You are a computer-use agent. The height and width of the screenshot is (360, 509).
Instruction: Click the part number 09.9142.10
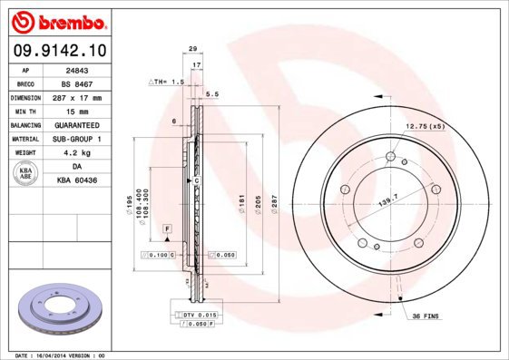(56, 51)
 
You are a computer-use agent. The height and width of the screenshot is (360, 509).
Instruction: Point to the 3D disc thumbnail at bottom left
(55, 307)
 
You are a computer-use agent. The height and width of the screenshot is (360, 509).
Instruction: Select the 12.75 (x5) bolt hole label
(424, 126)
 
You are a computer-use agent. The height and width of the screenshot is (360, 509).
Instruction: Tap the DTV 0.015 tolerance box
(194, 314)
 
